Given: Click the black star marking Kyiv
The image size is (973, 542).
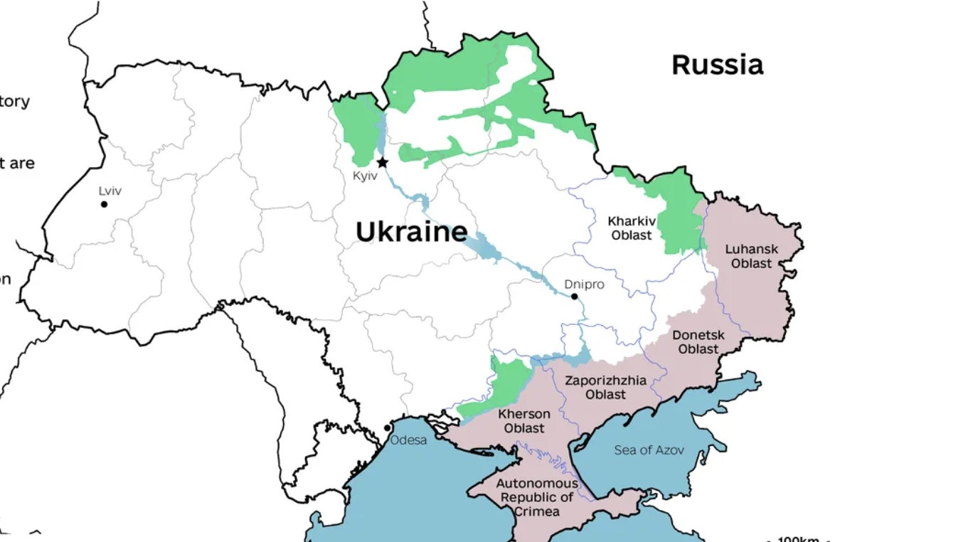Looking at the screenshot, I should pos(382,162).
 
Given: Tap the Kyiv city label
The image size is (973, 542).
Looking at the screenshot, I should pos(365,176).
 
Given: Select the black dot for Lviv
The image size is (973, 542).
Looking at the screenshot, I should pos(104,204).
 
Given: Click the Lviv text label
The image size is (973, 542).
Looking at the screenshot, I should pos(110,191).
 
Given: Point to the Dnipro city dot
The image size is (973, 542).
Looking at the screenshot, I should pos(574,296).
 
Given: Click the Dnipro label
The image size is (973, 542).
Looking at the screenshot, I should pos(584,285).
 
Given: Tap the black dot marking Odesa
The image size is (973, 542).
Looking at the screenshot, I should pos(387,428).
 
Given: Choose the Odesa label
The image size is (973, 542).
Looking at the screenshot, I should pos(409,440).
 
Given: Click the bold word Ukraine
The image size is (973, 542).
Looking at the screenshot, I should pos(411,232).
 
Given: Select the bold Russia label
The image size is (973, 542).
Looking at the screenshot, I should pos(717,65).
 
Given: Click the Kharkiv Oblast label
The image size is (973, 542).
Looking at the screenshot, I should pos(632,228).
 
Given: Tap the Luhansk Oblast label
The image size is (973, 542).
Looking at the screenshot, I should pos(751,256).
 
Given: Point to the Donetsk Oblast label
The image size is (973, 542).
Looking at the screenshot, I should pos(698,342).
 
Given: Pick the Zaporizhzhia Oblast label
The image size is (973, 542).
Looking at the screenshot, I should pos(606,387).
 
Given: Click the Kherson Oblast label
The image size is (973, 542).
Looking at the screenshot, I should pos(524,421).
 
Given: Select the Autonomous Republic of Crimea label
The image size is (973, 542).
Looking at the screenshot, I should pos(537,497).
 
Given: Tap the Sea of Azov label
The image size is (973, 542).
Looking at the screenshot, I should pos(649,450).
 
